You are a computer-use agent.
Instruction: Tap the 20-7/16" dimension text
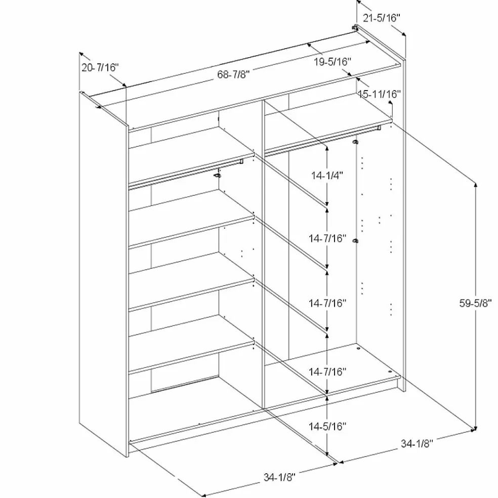point(100,67)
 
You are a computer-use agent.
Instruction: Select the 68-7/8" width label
point(233,74)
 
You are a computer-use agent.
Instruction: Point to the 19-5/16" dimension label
point(333,62)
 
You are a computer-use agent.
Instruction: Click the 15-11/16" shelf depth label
point(380,94)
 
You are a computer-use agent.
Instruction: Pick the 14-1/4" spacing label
point(327,175)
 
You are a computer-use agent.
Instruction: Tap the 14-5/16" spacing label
point(327,427)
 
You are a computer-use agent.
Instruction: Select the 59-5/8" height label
point(475,304)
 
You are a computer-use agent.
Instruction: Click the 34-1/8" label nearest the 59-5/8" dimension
point(417,443)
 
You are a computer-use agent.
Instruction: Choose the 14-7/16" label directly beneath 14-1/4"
point(327,238)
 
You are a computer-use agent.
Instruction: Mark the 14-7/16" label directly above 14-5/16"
point(327,371)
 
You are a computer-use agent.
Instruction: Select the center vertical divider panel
point(263,254)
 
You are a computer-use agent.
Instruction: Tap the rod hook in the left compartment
point(217,175)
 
